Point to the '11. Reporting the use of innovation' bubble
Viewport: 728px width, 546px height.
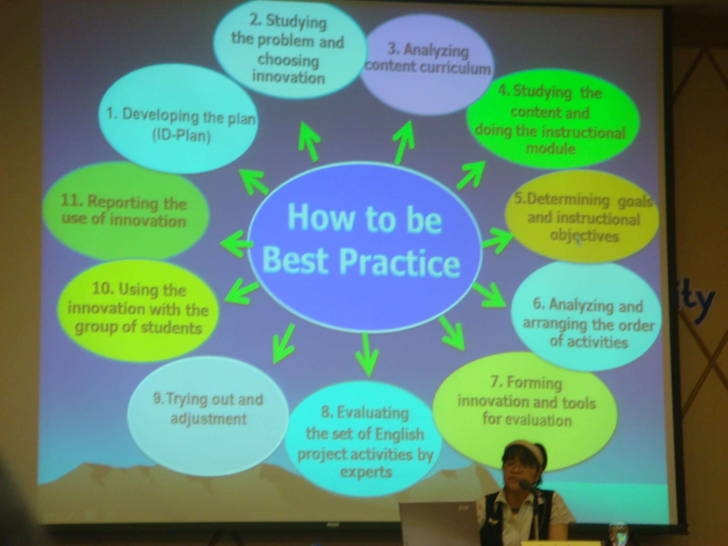pyautogui.click(x=124, y=212)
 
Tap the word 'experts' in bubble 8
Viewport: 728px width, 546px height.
pyautogui.click(x=366, y=472)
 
